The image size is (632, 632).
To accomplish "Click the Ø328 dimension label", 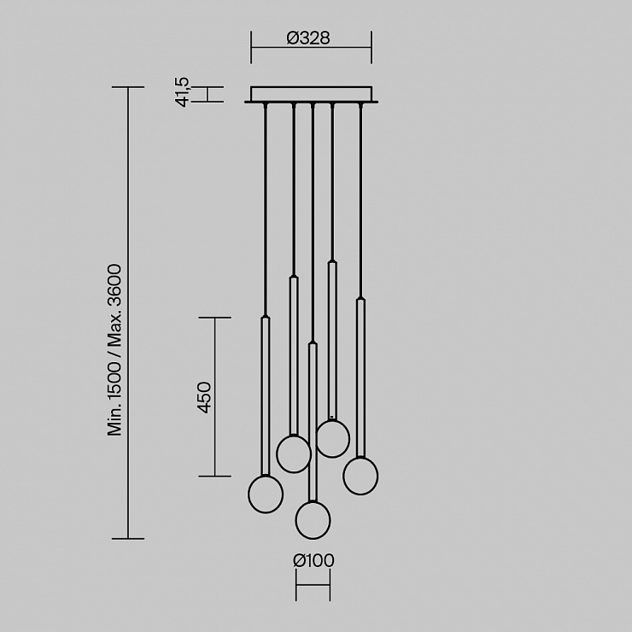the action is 308,38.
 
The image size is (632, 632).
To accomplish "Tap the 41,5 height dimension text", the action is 182,92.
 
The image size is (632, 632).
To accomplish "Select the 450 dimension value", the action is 205,397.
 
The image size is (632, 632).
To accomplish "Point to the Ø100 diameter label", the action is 313,560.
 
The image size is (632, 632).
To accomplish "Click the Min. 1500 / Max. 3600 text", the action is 114,350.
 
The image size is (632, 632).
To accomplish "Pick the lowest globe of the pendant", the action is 313,520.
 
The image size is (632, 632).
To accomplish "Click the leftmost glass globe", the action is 266,494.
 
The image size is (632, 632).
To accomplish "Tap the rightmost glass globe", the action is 360,476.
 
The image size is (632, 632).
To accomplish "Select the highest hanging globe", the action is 332,438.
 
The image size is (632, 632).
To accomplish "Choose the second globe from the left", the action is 294,454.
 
